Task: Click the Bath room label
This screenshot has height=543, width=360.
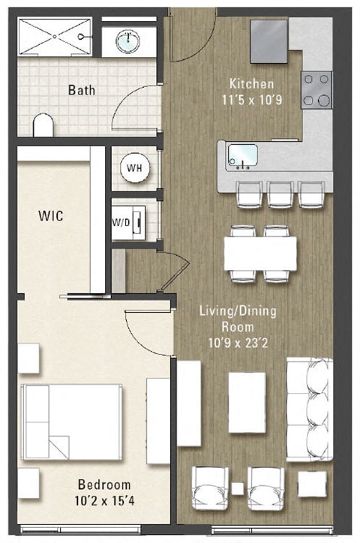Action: coord(82,90)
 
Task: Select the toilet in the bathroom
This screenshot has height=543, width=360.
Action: coord(43,125)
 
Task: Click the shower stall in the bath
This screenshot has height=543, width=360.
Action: coord(54,35)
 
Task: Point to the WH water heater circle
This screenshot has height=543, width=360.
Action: coord(134,167)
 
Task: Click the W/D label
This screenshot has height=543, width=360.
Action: coord(121,221)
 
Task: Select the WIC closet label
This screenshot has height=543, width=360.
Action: coord(50,216)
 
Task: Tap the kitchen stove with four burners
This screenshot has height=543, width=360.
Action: coord(317,89)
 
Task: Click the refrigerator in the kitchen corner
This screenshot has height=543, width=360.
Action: coord(269,41)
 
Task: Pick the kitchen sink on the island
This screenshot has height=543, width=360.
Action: coord(243,154)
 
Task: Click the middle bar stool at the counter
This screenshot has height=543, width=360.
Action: coord(280,193)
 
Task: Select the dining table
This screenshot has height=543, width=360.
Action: coord(260,253)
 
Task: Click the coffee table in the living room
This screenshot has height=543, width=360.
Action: coord(247,402)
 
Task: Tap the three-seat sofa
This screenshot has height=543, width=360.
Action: coord(309,409)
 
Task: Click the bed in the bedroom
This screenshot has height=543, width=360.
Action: coord(72,422)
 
